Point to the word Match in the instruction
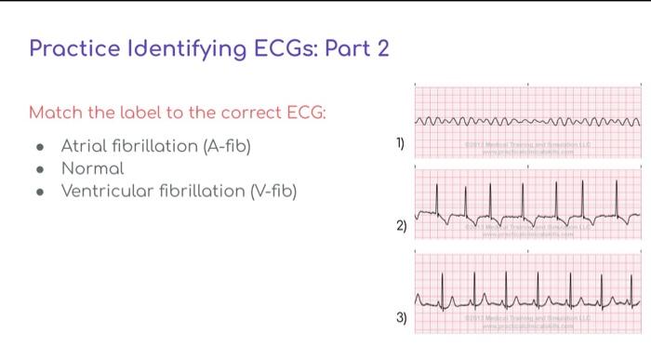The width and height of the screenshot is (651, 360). click(54, 113)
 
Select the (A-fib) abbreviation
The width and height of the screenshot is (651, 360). click(221, 146)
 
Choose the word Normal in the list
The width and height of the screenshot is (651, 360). click(92, 168)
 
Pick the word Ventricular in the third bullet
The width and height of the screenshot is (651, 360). click(110, 192)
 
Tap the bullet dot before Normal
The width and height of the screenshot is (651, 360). click(38, 169)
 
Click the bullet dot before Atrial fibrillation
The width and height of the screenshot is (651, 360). click(38, 147)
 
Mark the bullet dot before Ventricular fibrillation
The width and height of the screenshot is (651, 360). click(38, 193)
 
